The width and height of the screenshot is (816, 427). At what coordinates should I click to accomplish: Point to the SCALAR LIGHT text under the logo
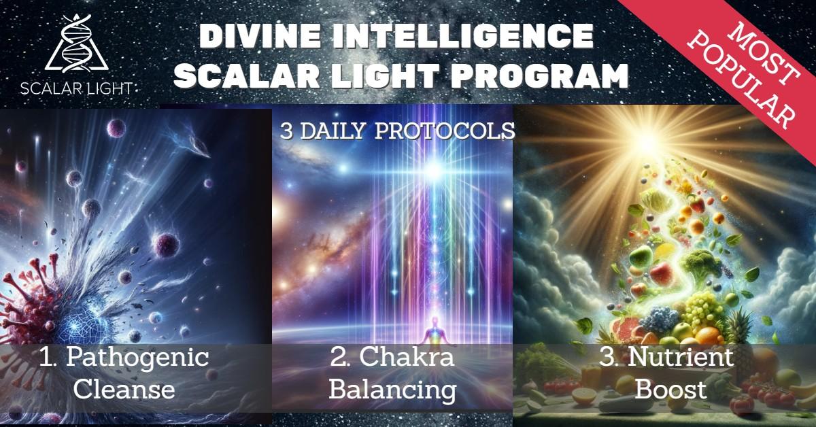[76, 88]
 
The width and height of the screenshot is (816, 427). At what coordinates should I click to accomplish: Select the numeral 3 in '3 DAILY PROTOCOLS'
[287, 131]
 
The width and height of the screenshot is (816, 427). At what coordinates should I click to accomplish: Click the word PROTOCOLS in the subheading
[445, 131]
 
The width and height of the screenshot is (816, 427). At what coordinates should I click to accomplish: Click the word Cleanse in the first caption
[124, 389]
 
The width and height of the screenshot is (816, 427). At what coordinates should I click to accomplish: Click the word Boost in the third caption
[670, 389]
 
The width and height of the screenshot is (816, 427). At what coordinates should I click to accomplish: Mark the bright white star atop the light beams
[434, 169]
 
